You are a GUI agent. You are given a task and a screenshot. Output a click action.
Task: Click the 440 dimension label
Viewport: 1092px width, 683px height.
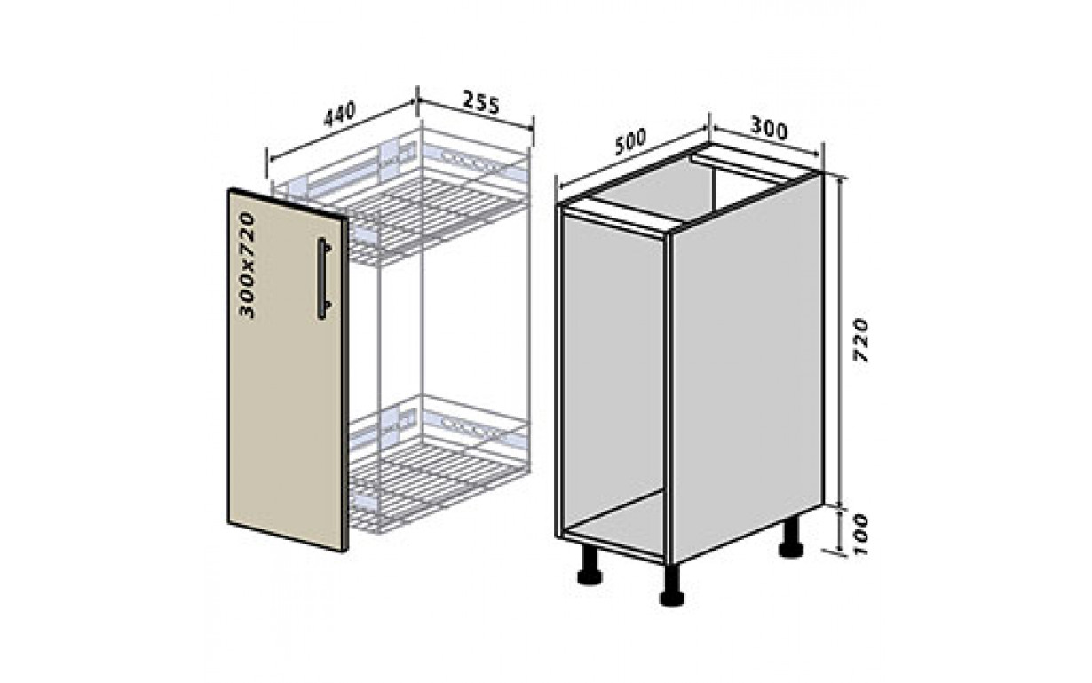[339, 115]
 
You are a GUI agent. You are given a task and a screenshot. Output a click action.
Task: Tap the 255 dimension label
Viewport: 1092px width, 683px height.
[480, 102]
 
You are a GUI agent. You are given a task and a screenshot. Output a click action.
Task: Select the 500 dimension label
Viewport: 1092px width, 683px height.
[629, 142]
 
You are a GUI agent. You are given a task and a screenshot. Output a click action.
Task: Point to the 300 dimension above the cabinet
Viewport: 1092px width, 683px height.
[768, 129]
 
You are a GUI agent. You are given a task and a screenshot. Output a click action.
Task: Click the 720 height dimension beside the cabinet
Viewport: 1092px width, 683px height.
[861, 340]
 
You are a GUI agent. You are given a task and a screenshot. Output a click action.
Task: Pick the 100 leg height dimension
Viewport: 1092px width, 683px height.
[861, 534]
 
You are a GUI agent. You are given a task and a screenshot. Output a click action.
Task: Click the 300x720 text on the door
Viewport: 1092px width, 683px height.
[248, 266]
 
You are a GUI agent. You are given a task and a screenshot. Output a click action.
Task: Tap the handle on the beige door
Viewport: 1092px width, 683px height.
[324, 279]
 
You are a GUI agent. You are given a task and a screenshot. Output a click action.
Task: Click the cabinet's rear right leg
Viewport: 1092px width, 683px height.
[791, 538]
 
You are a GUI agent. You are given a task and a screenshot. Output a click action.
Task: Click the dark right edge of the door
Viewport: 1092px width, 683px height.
[345, 385]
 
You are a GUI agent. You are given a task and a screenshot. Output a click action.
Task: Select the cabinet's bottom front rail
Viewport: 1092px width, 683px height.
[613, 545]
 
